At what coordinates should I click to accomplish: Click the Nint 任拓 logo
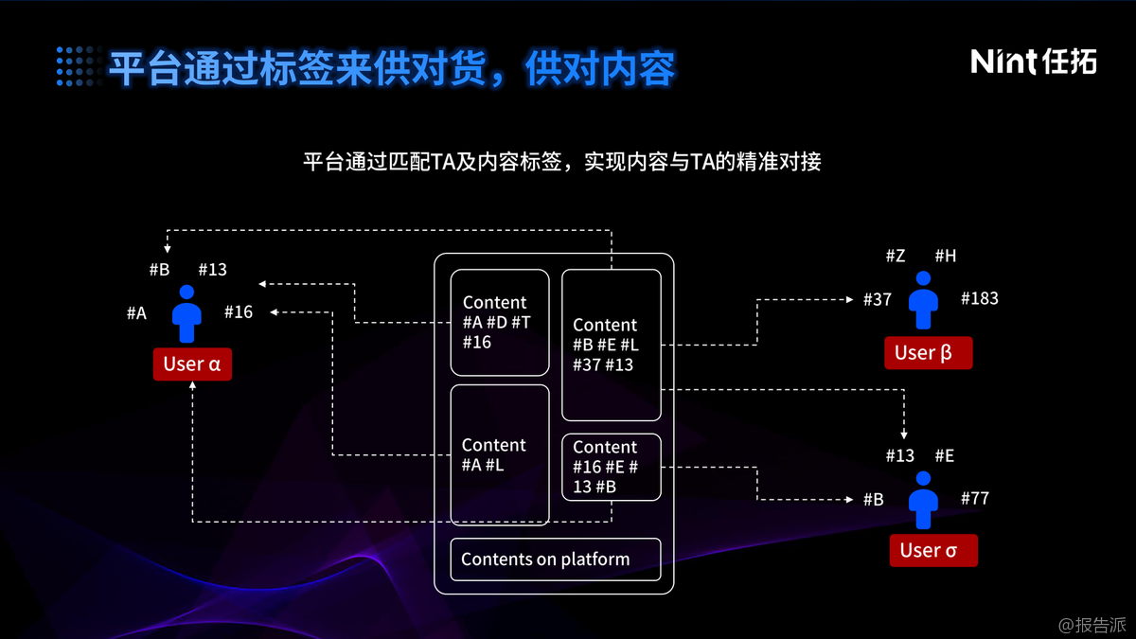pos(1033,62)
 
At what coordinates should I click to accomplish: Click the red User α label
pos(192,364)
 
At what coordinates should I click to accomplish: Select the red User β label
pos(923,353)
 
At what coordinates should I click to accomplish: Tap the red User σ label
pos(932,550)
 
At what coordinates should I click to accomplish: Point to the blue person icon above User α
pos(187,313)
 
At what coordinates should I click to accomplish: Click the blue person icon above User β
pos(923,300)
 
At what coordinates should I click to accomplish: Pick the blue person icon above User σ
pos(923,500)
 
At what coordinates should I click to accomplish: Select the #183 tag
pos(979,298)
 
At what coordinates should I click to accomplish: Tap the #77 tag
pos(974,498)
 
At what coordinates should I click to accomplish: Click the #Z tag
pos(896,256)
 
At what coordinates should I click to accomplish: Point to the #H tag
pos(945,256)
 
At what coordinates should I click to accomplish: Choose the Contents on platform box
pos(554,559)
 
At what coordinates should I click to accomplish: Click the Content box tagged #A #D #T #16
pos(500,322)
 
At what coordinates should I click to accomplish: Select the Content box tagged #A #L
pos(500,454)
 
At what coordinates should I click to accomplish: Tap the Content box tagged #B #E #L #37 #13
pos(611,345)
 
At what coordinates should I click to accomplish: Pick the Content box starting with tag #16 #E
pos(611,467)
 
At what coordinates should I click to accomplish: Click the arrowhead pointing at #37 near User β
pos(850,299)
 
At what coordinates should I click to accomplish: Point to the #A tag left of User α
pos(136,312)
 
